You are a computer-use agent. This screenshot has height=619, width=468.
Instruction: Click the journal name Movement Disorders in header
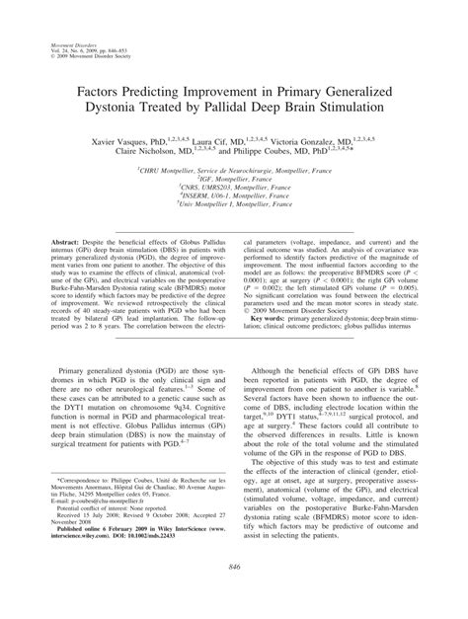pyautogui.click(x=67, y=44)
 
